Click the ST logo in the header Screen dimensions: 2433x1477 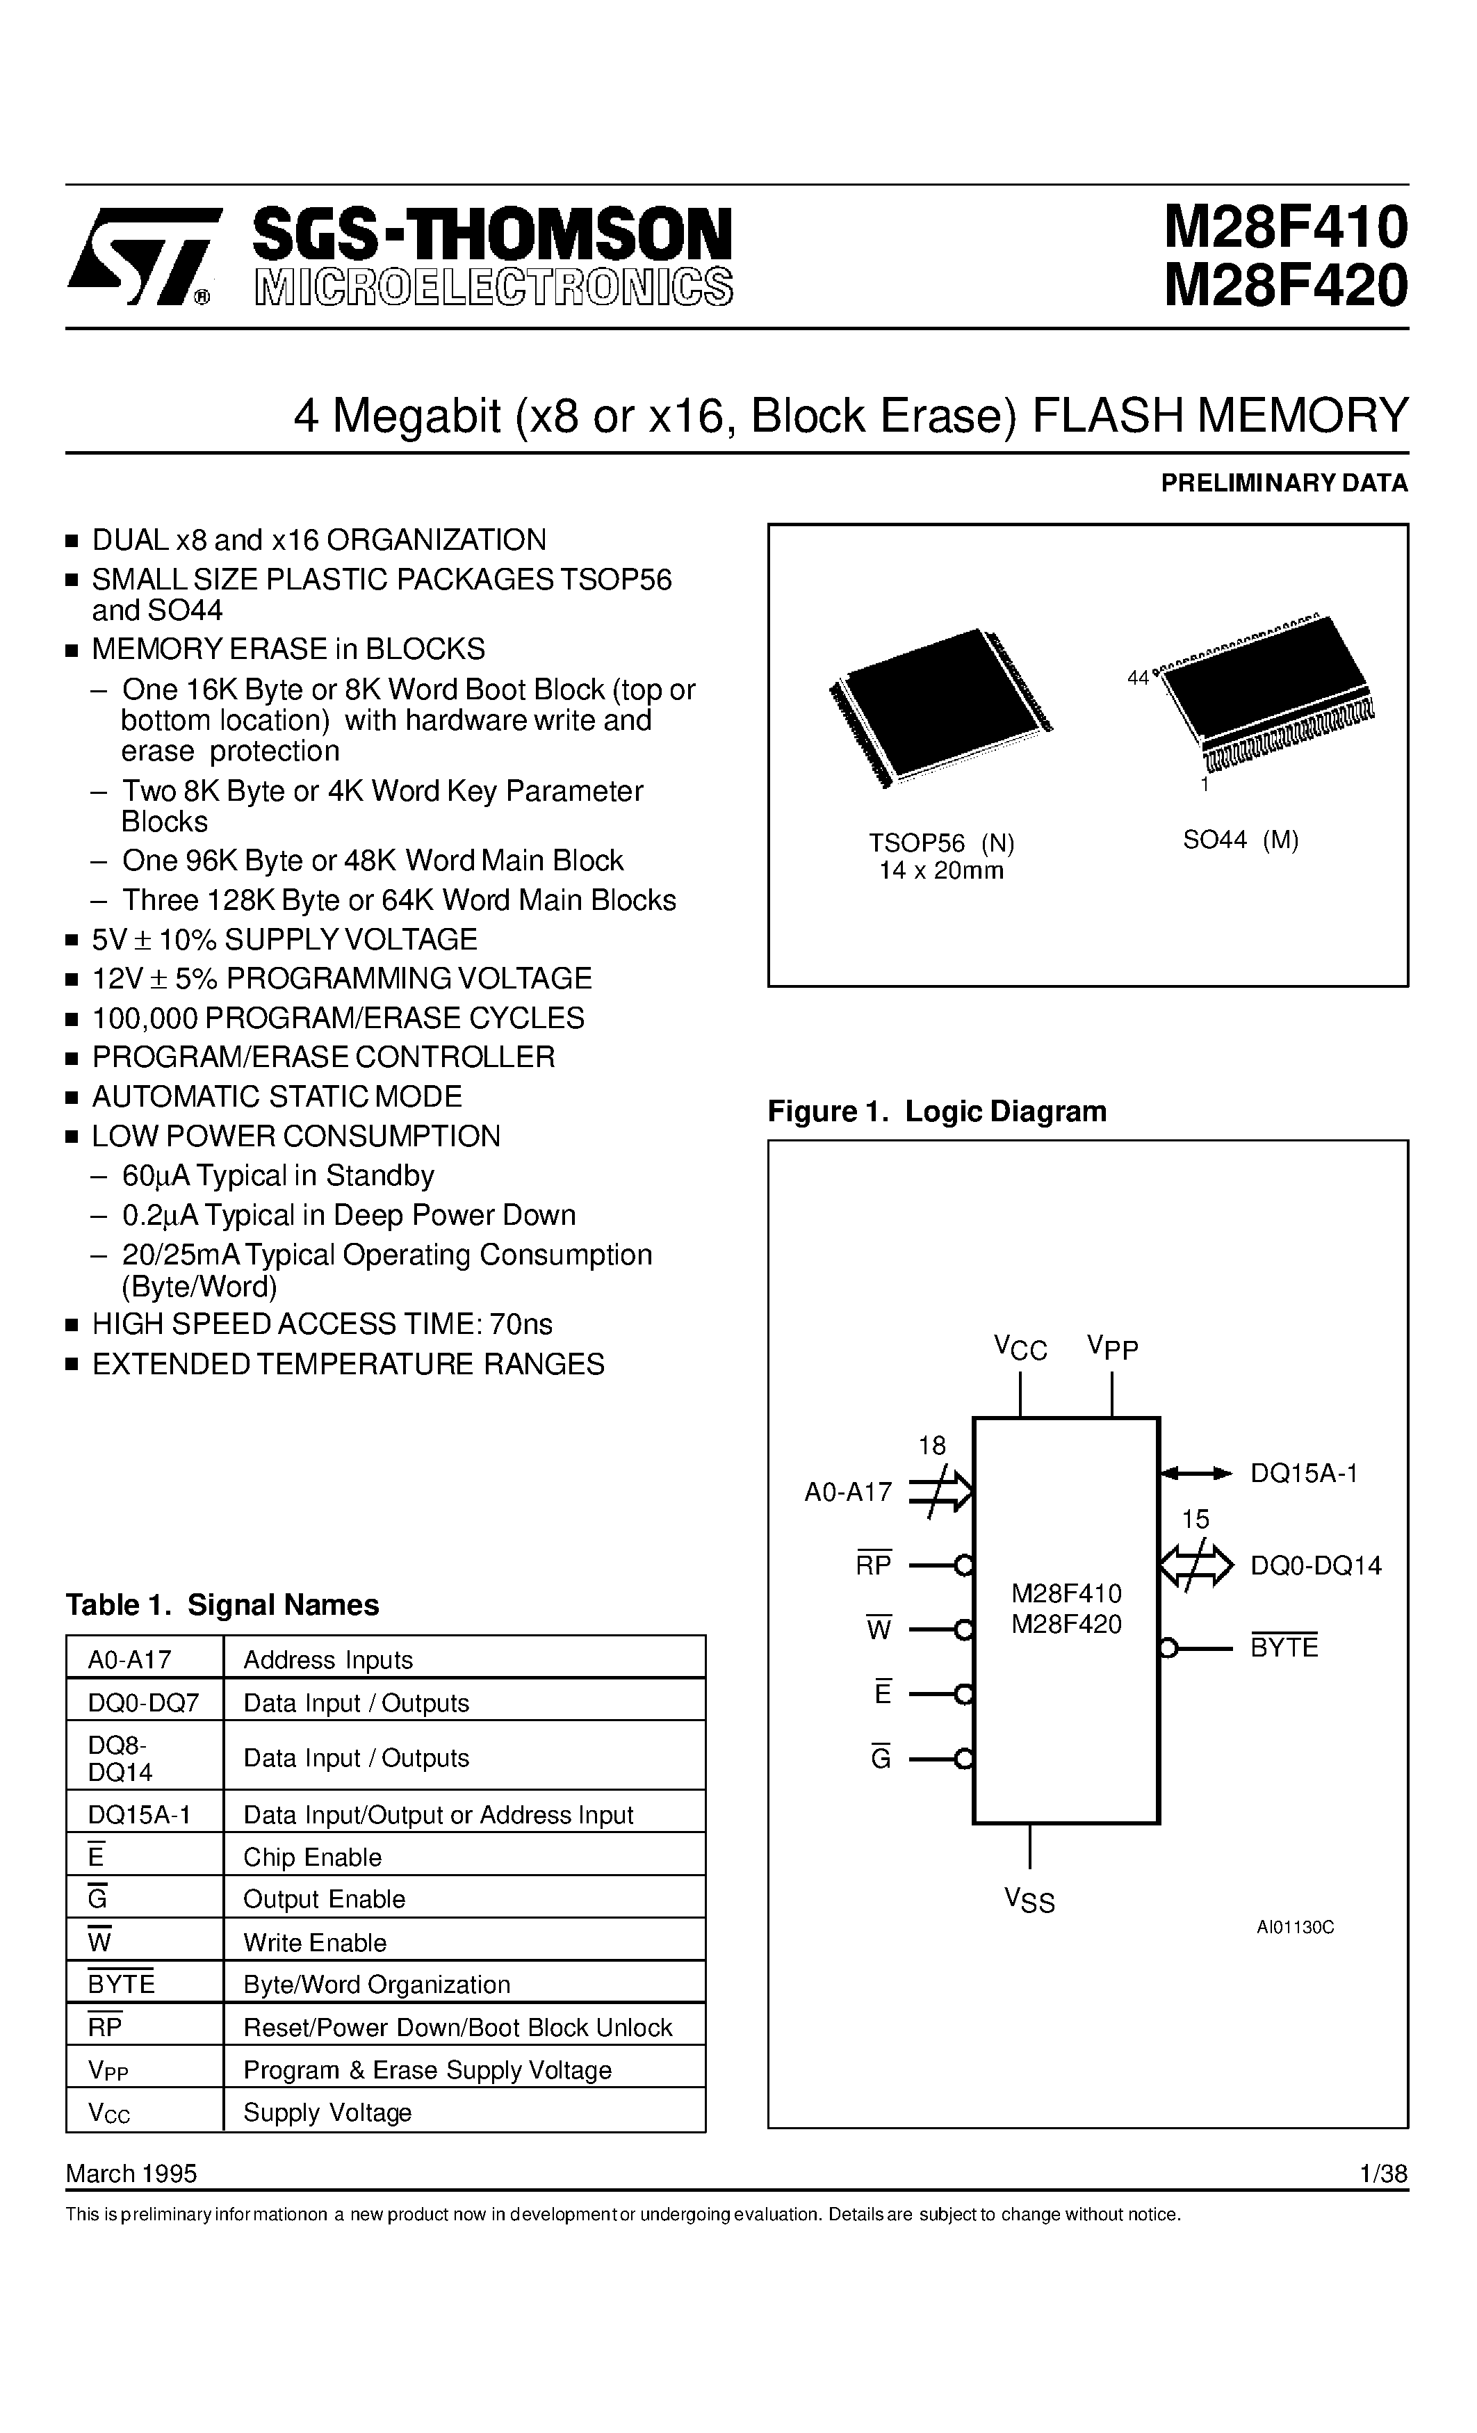(x=140, y=256)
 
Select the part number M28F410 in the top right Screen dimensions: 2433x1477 (x=1284, y=227)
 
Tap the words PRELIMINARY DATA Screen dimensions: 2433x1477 (x=1284, y=483)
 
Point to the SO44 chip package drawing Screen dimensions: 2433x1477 (x=1268, y=691)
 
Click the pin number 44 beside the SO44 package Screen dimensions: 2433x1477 (x=1137, y=677)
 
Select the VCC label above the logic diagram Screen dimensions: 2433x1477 (x=1020, y=1348)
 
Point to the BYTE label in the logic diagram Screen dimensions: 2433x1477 (x=1284, y=1647)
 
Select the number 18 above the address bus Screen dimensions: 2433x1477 (x=932, y=1446)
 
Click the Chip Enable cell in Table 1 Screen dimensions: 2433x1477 (x=312, y=1857)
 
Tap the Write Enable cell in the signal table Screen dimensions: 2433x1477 (x=315, y=1942)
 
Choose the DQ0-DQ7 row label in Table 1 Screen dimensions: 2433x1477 (x=143, y=1702)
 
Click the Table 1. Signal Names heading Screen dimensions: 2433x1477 (x=222, y=1604)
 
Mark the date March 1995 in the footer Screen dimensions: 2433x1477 (x=131, y=2173)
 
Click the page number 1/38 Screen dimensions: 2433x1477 (x=1382, y=2173)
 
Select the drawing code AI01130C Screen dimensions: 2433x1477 (x=1294, y=1926)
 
